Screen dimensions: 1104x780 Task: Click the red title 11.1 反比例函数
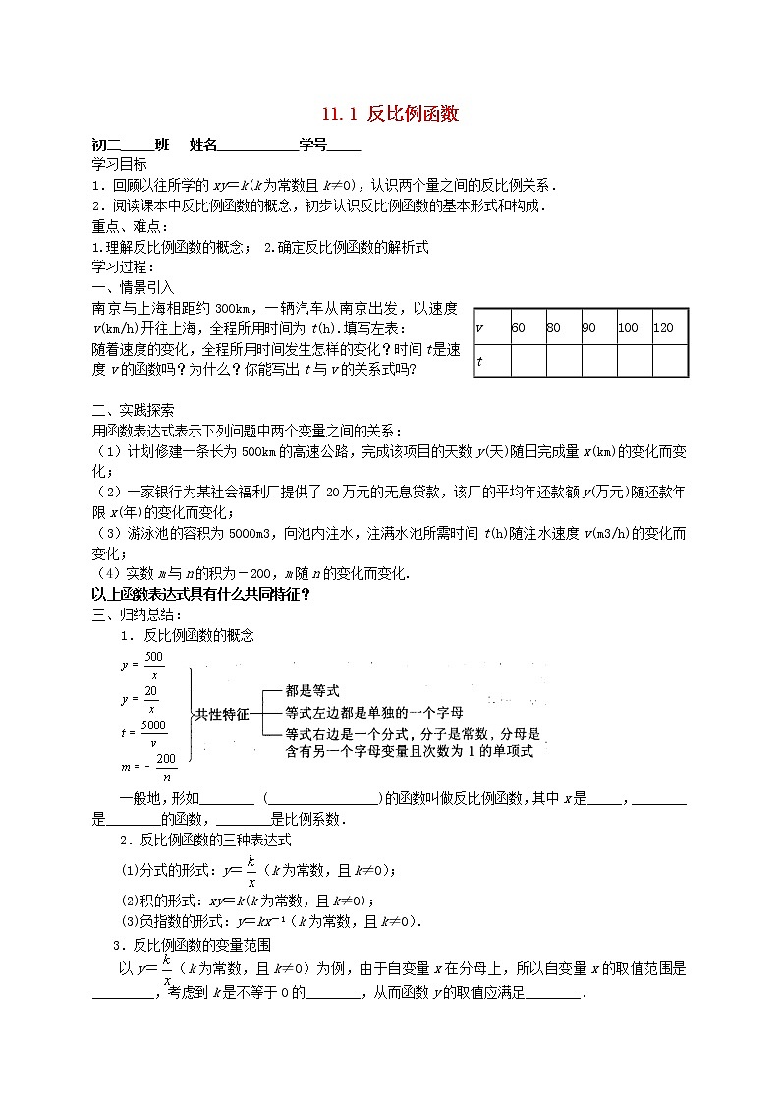pos(390,115)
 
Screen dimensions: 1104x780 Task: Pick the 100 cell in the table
pos(628,327)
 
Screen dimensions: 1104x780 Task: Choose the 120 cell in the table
pos(663,327)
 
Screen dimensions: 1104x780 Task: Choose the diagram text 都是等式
pos(311,691)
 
